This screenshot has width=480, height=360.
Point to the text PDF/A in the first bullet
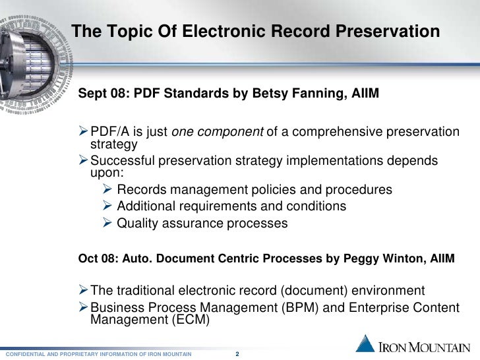coord(107,133)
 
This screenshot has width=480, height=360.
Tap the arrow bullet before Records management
coord(108,190)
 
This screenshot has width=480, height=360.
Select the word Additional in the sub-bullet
coord(150,206)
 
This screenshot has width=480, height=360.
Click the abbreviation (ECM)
coord(185,320)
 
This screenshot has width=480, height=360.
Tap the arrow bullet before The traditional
coord(82,291)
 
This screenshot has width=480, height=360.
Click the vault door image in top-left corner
coord(30,53)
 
